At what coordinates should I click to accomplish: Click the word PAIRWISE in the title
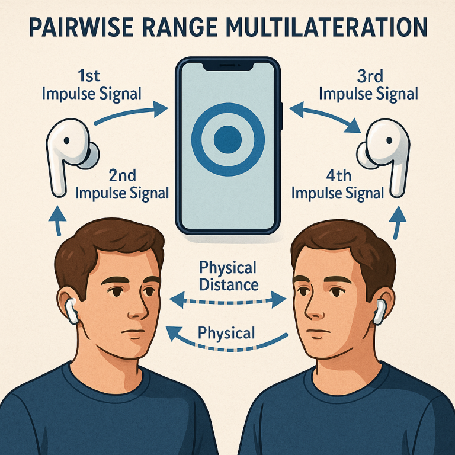(x=81, y=27)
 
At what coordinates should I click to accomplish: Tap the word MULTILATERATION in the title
(x=326, y=27)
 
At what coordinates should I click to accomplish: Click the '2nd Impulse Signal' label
(x=122, y=185)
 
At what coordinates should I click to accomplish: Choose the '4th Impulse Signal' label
(x=338, y=185)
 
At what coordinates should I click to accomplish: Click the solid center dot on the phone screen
(x=227, y=140)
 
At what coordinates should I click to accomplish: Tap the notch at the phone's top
(x=227, y=66)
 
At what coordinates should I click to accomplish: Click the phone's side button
(x=281, y=116)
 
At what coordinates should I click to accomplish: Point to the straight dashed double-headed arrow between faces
(x=227, y=300)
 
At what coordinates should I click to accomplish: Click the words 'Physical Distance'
(x=228, y=276)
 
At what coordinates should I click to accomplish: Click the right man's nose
(x=313, y=308)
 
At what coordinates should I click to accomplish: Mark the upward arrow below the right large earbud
(x=397, y=223)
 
